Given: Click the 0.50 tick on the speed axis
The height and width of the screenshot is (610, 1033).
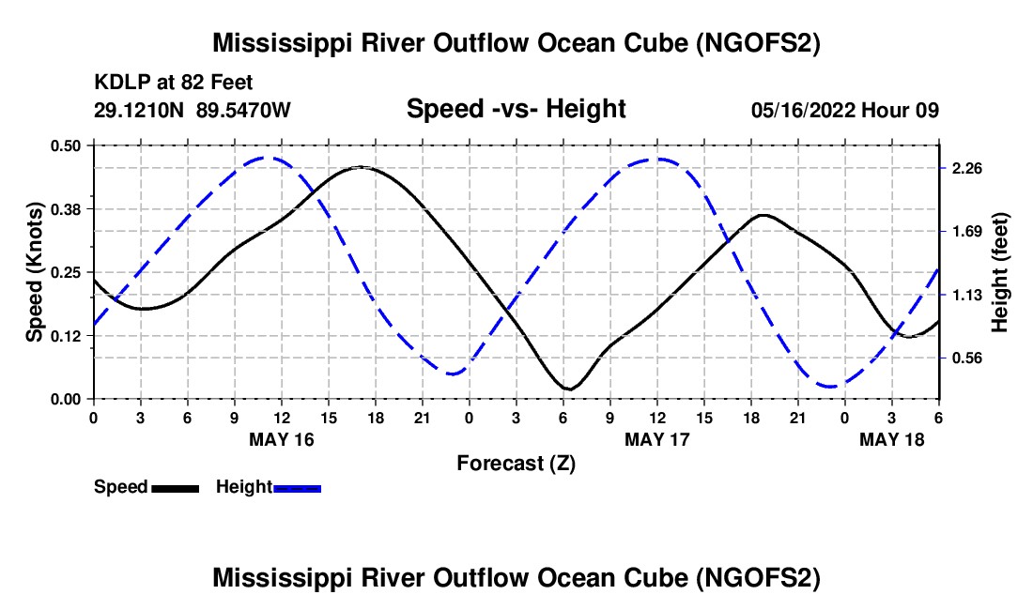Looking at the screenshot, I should point(68,145).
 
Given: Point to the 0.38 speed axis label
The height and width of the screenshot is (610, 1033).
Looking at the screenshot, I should point(68,208).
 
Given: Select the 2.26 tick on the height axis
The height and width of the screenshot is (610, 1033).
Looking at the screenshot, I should point(967,168).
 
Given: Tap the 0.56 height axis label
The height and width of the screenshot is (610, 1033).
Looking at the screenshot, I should point(967,358).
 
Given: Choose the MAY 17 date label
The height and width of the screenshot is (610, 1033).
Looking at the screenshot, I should point(657,439).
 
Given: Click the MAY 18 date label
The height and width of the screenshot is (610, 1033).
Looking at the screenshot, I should point(892,439).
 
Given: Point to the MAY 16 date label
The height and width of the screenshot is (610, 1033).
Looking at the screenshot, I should point(281,439).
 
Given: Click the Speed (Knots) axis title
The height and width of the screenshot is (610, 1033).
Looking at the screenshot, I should point(34,272).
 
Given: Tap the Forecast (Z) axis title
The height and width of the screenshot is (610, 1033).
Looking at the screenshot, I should point(516,463).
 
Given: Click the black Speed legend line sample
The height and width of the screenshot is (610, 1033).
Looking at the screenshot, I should point(175,487).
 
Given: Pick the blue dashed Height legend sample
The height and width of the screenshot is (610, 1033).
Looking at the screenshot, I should point(298,487).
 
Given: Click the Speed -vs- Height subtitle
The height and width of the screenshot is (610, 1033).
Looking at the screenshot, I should point(516,109).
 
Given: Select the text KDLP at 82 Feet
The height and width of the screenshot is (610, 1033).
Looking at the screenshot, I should point(173,84).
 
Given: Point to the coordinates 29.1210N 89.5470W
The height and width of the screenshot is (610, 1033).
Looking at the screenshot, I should point(193,110).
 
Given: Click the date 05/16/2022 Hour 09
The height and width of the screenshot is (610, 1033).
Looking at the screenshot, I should point(845,110).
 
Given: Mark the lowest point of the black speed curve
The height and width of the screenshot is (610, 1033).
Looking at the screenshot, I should point(568,389).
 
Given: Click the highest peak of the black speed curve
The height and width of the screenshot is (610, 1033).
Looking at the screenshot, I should point(362,167).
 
